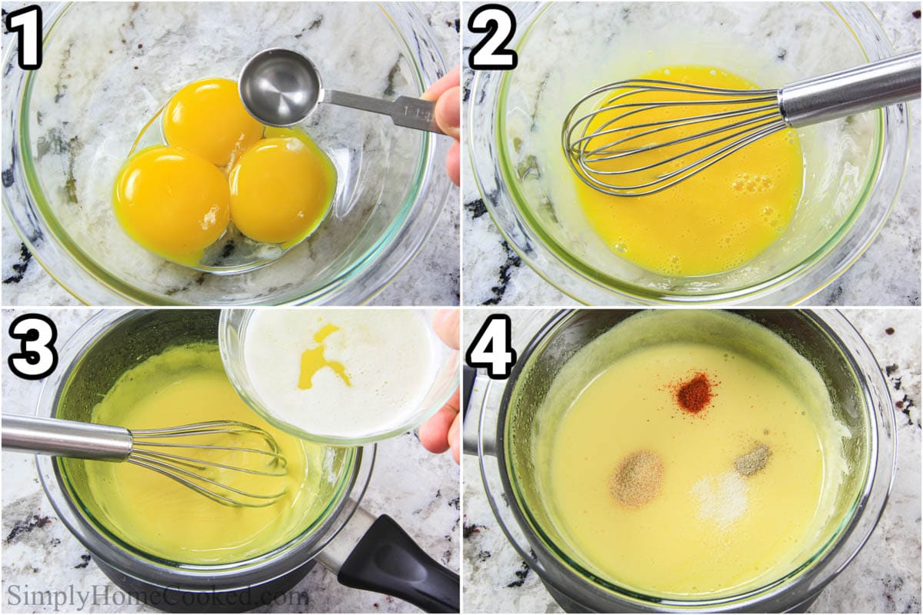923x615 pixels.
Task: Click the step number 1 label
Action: tap(26, 37)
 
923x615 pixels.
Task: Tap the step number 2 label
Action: tap(492, 37)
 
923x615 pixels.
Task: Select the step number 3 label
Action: tap(31, 346)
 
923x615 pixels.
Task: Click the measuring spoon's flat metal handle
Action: tap(385, 108)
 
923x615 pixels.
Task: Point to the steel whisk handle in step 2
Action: tap(846, 86)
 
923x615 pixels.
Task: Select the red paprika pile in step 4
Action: tap(694, 393)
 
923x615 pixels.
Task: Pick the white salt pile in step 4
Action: tap(721, 496)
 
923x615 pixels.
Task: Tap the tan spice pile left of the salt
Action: tap(637, 478)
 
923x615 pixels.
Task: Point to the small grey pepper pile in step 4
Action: tap(753, 459)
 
